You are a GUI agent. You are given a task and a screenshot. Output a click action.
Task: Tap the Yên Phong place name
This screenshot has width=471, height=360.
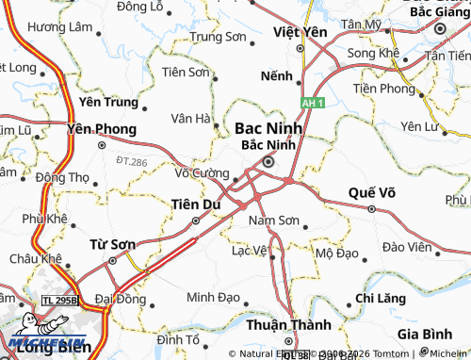pyautogui.click(x=102, y=129)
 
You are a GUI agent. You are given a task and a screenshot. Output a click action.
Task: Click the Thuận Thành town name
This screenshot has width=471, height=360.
pyautogui.click(x=283, y=324)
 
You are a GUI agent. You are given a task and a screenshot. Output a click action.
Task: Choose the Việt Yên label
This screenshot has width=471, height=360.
pyautogui.click(x=299, y=31)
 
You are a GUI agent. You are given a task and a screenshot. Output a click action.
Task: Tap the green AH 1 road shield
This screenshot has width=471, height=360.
pyautogui.click(x=313, y=101)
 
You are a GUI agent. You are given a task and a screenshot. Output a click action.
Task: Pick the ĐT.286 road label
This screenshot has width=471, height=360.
pyautogui.click(x=132, y=163)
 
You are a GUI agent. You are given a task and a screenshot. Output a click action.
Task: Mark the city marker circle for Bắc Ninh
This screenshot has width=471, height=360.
pyautogui.click(x=268, y=161)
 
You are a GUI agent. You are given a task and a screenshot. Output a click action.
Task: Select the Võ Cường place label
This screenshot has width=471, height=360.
pyautogui.click(x=202, y=173)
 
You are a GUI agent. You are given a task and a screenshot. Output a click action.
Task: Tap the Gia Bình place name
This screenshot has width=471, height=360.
pyautogui.click(x=424, y=335)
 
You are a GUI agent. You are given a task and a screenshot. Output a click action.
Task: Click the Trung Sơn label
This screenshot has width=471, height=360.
pyautogui.click(x=218, y=38)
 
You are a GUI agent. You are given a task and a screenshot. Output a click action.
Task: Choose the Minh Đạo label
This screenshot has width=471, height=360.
pyautogui.click(x=213, y=296)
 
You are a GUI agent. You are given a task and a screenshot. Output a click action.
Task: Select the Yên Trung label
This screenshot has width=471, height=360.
pyautogui.click(x=108, y=102)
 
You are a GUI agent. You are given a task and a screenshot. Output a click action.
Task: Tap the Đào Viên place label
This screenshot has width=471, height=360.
pyautogui.click(x=407, y=247)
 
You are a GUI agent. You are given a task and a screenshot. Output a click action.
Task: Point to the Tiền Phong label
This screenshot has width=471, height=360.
pyautogui.click(x=383, y=89)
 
